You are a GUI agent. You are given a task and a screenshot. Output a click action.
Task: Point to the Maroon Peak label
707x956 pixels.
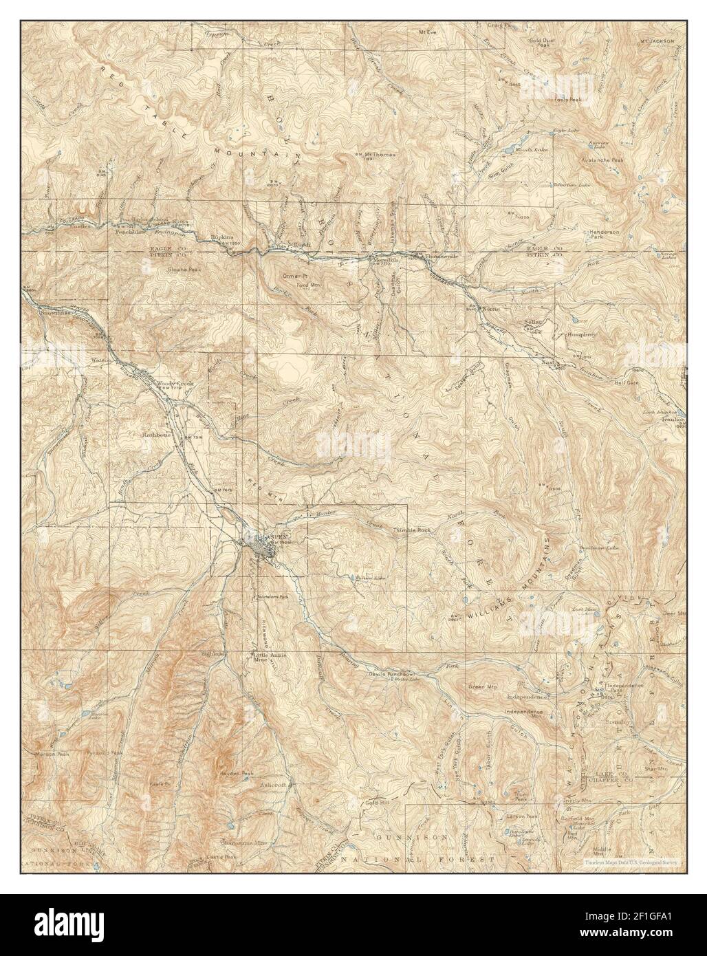50,754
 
